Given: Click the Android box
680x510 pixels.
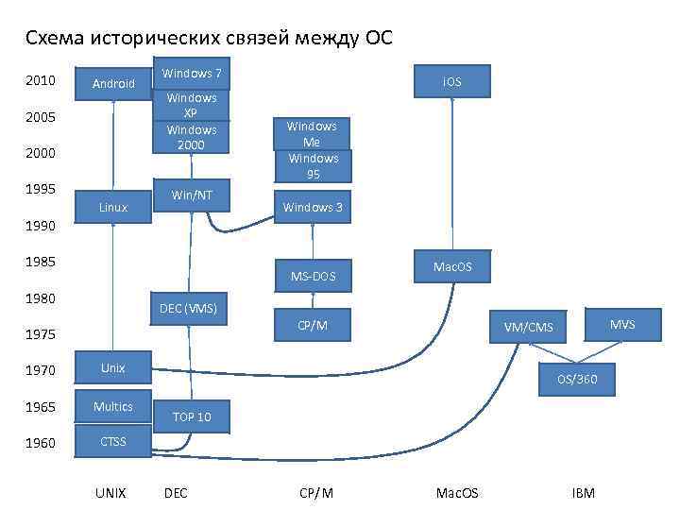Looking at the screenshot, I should click(x=114, y=84).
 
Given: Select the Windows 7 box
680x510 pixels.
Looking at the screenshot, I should click(x=192, y=74).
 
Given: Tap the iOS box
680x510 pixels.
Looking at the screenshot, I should click(x=452, y=82).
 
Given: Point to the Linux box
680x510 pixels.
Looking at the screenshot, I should click(x=113, y=206).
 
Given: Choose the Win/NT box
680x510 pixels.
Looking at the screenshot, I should click(x=192, y=195).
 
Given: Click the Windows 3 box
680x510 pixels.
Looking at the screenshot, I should click(x=313, y=207).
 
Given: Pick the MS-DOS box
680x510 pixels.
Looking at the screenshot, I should click(x=313, y=276).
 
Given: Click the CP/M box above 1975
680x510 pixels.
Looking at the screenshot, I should click(x=313, y=325).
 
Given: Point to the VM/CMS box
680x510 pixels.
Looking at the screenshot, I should click(x=528, y=328).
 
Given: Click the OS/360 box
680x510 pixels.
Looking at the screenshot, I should click(x=576, y=380).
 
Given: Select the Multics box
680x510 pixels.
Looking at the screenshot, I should click(x=113, y=406).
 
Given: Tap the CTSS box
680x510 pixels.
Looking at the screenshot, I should click(x=113, y=441).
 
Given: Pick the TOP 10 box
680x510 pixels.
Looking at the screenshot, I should click(x=192, y=416).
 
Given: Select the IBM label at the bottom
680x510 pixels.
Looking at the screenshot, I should click(x=584, y=493).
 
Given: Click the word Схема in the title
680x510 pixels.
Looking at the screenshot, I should click(x=55, y=38).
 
